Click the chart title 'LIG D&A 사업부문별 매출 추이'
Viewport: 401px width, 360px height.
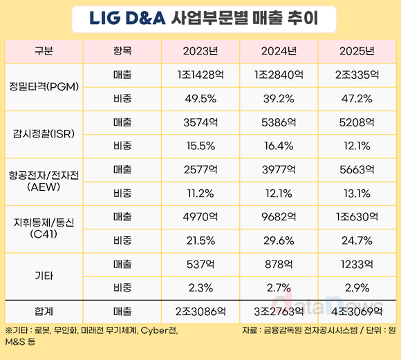coord(200,18)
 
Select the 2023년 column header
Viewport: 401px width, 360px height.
coord(200,51)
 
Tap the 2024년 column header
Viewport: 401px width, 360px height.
coord(279,51)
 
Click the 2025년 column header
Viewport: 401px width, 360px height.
coord(358,51)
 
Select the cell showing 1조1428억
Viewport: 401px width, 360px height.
coord(200,75)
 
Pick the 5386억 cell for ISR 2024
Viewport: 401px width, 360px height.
coord(279,122)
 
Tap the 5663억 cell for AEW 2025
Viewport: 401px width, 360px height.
coord(358,169)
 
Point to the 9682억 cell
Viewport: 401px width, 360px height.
coord(279,217)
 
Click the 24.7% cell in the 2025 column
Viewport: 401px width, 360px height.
coord(358,240)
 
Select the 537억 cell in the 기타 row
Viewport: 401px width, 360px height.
coord(200,264)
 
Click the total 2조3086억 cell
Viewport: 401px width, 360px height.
coord(200,310)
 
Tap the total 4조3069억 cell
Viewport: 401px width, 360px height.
coord(358,310)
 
